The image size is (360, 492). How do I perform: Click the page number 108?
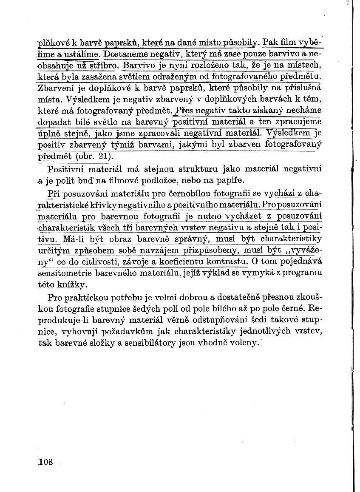click(x=45, y=462)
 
